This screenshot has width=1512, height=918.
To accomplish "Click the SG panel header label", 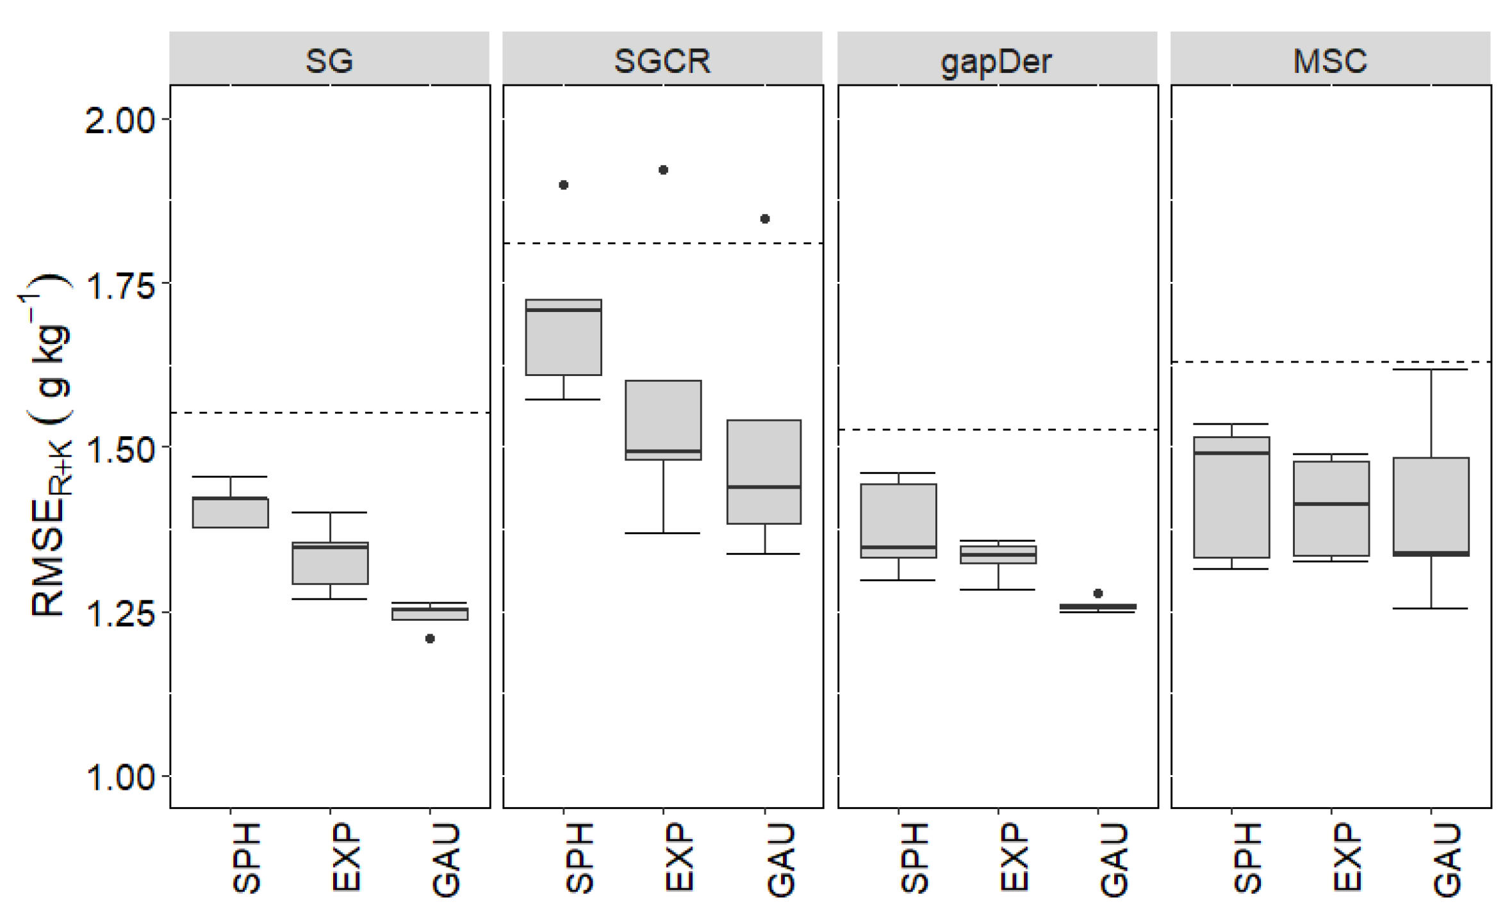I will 329,61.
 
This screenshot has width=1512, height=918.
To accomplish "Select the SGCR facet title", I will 662,61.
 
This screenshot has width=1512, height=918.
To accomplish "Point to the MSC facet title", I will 1330,61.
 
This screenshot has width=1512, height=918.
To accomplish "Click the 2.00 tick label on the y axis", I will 120,120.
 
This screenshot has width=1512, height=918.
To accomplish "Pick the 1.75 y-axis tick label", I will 120,285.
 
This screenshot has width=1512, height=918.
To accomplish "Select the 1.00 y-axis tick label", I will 120,777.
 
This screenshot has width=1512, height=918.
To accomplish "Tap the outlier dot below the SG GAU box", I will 430,639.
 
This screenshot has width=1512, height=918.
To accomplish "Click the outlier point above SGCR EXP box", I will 664,170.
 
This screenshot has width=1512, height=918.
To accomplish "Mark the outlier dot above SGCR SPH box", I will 563,185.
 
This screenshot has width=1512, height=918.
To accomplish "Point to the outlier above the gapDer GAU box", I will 1098,593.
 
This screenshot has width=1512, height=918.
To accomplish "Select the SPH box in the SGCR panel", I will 563,338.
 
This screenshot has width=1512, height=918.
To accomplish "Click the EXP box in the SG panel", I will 330,563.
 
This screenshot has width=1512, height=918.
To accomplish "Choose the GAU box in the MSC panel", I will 1431,506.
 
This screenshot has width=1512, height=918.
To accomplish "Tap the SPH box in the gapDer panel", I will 898,520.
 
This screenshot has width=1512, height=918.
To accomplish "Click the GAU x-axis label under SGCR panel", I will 781,860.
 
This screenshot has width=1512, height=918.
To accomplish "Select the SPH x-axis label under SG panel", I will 246,858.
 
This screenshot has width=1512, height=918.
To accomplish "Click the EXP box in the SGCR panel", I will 663,420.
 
